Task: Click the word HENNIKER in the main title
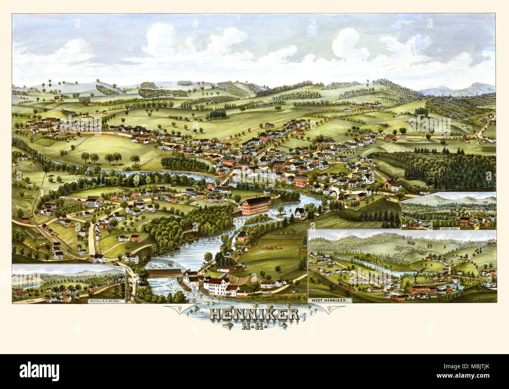click(254, 315)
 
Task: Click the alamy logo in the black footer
click(40, 370)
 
